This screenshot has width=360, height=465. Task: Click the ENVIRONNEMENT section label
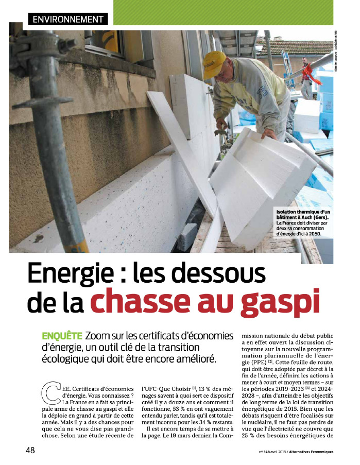[67, 20]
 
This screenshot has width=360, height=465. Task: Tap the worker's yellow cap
[214, 62]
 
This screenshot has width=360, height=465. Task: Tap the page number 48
[30, 450]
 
